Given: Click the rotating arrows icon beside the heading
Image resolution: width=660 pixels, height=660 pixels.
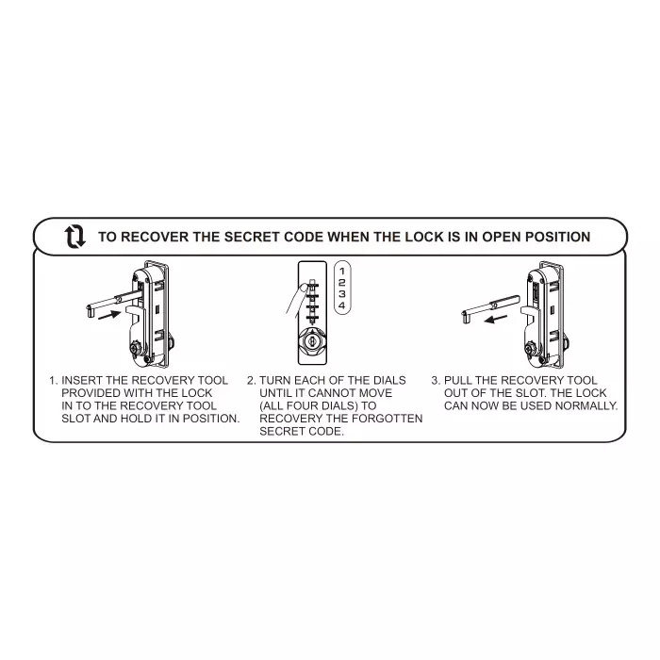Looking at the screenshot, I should click(x=74, y=236).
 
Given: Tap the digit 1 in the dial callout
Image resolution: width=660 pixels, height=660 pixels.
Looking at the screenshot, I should click(x=341, y=270).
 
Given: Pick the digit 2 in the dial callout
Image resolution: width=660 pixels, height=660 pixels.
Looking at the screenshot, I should click(x=341, y=282).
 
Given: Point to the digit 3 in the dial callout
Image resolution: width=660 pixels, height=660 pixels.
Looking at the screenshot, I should click(x=341, y=294).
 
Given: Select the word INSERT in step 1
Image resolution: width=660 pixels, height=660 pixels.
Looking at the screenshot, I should click(x=82, y=381).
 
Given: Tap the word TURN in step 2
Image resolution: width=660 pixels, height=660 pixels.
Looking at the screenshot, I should click(x=275, y=381).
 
